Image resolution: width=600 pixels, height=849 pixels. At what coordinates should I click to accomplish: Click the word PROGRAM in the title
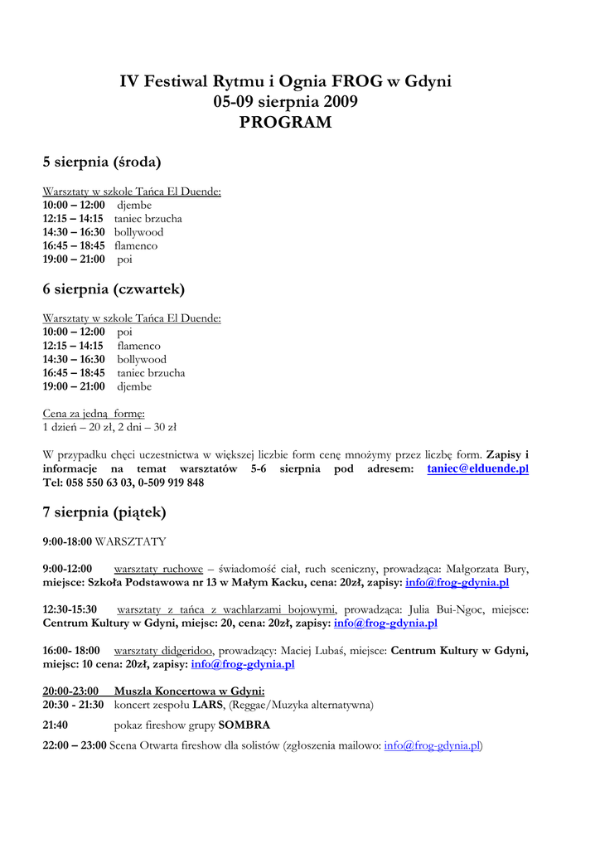(285, 123)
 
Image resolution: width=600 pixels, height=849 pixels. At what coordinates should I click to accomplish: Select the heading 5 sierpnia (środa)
(102, 162)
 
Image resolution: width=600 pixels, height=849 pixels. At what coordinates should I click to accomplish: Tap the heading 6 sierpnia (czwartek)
(114, 289)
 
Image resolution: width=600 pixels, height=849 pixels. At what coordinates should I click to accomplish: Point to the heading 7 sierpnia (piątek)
(104, 512)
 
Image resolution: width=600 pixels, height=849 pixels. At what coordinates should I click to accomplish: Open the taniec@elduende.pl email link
(477, 468)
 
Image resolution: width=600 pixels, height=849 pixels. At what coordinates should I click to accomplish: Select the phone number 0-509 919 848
(170, 483)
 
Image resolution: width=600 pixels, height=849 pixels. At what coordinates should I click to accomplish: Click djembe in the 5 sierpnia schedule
(134, 205)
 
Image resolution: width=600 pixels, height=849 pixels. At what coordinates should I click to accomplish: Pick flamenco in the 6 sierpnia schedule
(138, 346)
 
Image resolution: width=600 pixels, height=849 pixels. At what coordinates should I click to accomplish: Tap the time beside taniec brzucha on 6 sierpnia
(74, 373)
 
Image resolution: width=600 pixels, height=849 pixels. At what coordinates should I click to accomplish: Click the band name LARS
(208, 705)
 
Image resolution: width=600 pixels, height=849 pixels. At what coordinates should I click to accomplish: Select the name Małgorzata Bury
(487, 569)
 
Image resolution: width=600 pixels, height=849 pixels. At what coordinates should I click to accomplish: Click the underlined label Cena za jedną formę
(94, 414)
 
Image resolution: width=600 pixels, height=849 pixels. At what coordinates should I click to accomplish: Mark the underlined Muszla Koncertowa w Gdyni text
(189, 691)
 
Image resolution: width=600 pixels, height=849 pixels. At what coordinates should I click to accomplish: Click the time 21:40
(56, 725)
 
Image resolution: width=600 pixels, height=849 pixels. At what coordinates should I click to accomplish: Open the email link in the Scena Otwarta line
(432, 745)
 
